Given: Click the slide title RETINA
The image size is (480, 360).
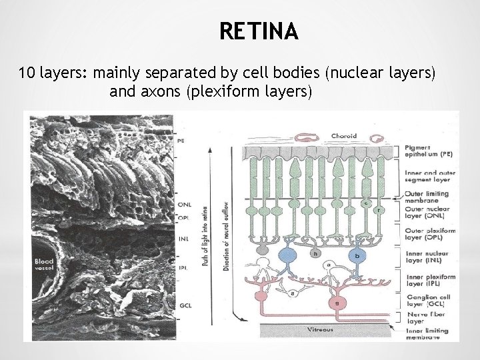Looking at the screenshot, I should pos(258,31).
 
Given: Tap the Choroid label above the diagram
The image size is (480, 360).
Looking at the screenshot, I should pos(344,136).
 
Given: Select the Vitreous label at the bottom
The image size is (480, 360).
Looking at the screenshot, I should pos(321,329).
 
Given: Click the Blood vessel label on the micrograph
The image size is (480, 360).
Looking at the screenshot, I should pos(44,265).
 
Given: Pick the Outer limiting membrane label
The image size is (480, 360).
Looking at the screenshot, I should pos(427,197).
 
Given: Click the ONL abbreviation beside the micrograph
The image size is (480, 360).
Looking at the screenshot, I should pos(185,204).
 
